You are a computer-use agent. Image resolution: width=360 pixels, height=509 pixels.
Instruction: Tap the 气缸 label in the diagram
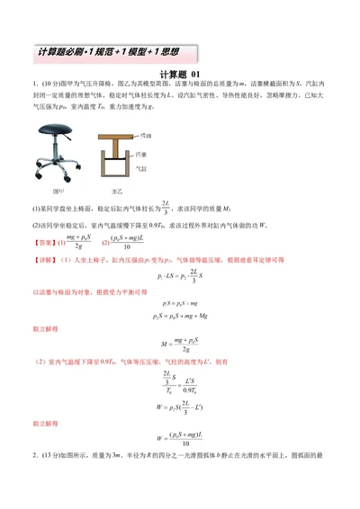pos(142,167)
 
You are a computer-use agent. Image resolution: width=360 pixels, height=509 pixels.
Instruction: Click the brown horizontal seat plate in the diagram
pos(115,134)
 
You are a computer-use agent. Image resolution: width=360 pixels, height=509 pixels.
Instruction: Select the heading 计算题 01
pos(180,75)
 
